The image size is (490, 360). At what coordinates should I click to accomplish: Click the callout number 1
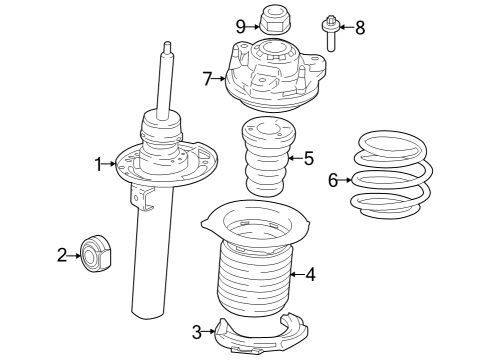coord(99,164)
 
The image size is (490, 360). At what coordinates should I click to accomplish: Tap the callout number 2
coord(62,256)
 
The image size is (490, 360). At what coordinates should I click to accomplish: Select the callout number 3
coord(197,329)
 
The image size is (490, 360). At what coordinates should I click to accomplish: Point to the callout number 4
coord(311,273)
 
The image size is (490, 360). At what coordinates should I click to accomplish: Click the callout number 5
coord(308,158)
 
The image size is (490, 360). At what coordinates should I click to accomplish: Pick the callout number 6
coord(333,180)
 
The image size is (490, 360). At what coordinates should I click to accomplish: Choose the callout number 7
coord(208,77)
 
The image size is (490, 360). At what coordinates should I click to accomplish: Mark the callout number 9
coord(240,24)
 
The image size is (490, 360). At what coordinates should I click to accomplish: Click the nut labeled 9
coord(274,19)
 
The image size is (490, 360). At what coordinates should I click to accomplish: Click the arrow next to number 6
coord(346,180)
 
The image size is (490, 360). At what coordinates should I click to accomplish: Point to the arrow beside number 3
coord(210,329)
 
